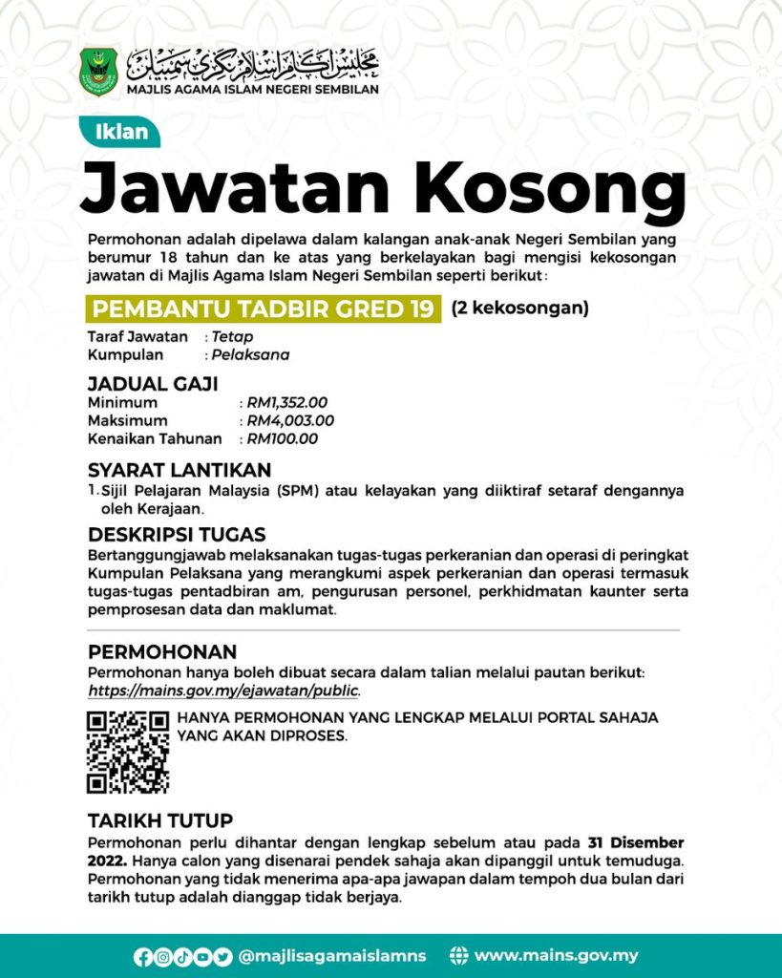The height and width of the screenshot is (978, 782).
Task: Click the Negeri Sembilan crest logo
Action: click(99, 71)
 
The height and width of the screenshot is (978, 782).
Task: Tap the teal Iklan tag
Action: click(121, 132)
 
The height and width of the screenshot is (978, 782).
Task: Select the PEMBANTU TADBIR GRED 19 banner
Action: click(264, 308)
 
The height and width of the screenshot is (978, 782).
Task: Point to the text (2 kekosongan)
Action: click(519, 308)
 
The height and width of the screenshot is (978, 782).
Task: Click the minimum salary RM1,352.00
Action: click(287, 403)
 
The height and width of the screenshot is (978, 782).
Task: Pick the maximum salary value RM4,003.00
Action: click(290, 421)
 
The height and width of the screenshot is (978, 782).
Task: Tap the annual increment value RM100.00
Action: click(283, 439)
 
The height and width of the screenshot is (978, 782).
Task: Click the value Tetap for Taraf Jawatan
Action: click(232, 337)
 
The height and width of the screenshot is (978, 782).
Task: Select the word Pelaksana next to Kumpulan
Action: click(250, 355)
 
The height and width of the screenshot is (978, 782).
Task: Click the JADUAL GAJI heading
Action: click(153, 384)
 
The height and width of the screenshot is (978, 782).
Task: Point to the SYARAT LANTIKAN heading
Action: click(180, 470)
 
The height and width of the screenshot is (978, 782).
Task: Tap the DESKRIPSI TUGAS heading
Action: click(177, 534)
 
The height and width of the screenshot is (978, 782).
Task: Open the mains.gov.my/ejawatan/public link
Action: click(224, 690)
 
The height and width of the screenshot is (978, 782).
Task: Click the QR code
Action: click(128, 752)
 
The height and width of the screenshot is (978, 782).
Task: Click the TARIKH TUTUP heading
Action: click(160, 821)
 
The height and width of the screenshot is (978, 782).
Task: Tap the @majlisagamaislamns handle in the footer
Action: click(332, 956)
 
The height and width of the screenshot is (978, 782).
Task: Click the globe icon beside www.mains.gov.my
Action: click(459, 956)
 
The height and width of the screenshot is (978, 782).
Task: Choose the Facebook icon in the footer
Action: click(142, 956)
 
